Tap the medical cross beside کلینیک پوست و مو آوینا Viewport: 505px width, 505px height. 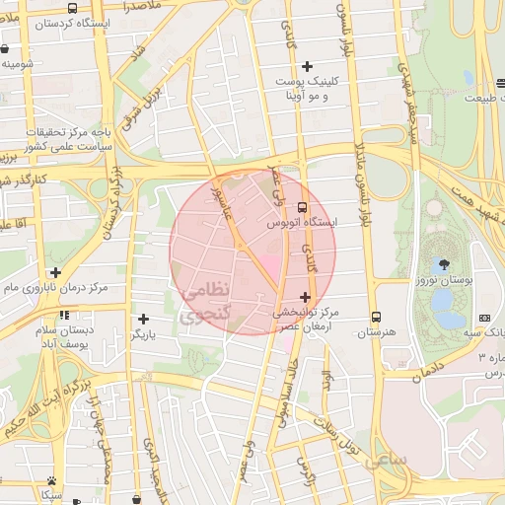307,66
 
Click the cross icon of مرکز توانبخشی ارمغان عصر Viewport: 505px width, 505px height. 305,297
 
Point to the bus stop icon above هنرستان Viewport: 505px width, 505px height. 376,317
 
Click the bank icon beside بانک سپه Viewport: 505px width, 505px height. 484,318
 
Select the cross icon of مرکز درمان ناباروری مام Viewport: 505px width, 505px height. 55,272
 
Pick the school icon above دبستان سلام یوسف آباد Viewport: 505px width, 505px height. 64,316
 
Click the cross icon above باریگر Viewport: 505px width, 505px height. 145,319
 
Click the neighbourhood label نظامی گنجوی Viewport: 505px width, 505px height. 205,303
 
